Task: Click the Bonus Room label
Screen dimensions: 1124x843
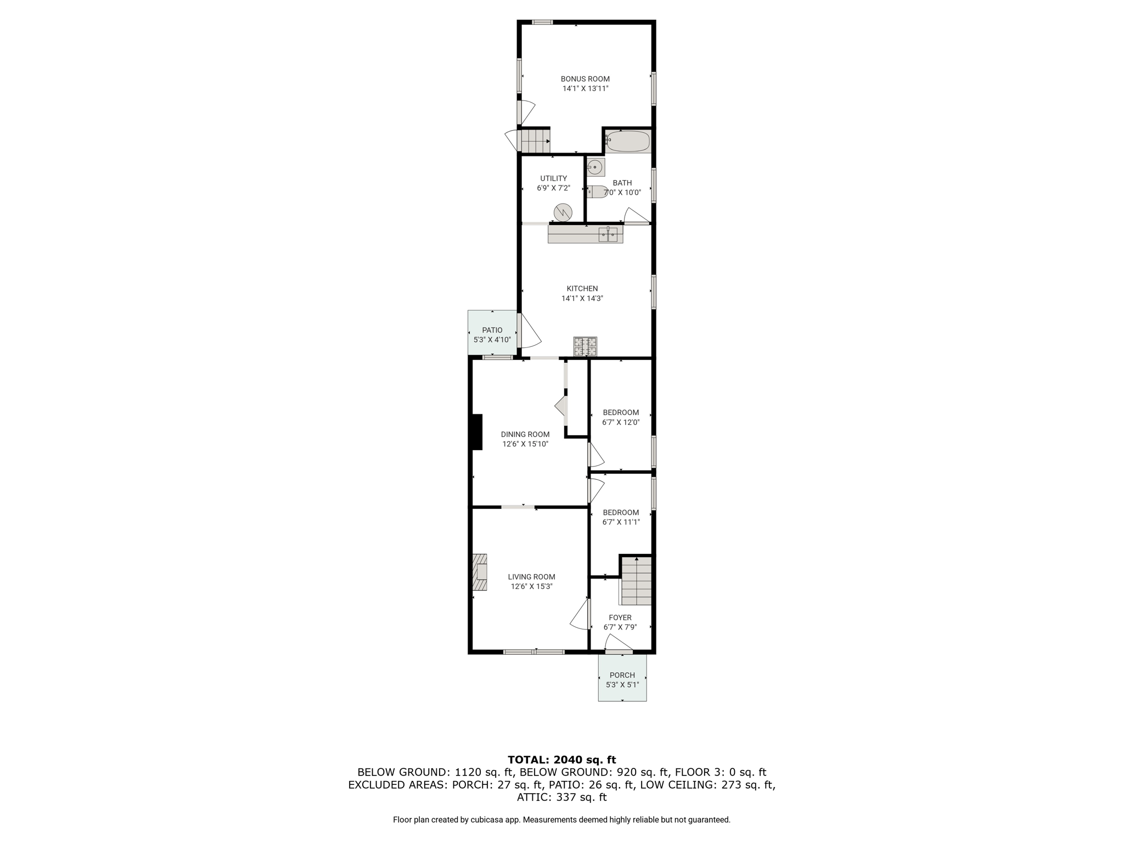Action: pyautogui.click(x=585, y=79)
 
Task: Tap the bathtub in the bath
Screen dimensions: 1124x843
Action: pyautogui.click(x=628, y=141)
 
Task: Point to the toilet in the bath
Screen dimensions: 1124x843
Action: pyautogui.click(x=597, y=192)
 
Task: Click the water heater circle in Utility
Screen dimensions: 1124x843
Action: pyautogui.click(x=563, y=212)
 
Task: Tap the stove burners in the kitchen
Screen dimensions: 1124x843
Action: pyautogui.click(x=585, y=347)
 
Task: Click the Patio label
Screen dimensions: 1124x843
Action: pyautogui.click(x=492, y=330)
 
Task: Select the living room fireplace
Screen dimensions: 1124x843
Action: pyautogui.click(x=479, y=572)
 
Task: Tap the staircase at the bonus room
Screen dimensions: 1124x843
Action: pyautogui.click(x=535, y=141)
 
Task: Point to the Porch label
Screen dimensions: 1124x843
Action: pyautogui.click(x=622, y=675)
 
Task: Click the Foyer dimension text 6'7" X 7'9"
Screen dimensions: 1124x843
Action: pyautogui.click(x=620, y=627)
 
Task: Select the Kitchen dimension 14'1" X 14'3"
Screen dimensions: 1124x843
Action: pyautogui.click(x=582, y=299)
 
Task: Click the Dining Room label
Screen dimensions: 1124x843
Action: pyautogui.click(x=525, y=434)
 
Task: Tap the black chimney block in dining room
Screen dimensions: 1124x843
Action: pyautogui.click(x=477, y=432)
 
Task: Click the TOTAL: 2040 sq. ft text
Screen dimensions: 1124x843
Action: pyautogui.click(x=562, y=760)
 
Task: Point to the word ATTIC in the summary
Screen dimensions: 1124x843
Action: pyautogui.click(x=532, y=797)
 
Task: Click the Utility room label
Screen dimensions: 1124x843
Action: pyautogui.click(x=553, y=178)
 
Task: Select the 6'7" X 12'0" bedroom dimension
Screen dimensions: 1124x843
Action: pyautogui.click(x=621, y=423)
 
